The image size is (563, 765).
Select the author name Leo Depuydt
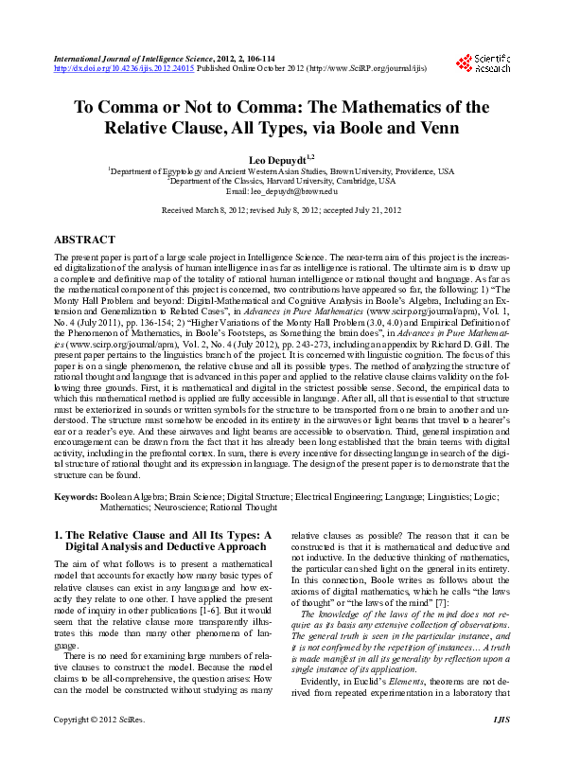(x=278, y=158)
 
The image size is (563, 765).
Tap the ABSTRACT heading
(x=85, y=240)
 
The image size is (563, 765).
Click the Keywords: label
(x=76, y=497)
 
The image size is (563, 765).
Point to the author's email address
(x=281, y=191)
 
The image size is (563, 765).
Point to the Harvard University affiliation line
(x=281, y=181)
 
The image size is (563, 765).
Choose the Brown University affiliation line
(x=281, y=171)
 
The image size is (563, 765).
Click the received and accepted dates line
(x=281, y=210)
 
